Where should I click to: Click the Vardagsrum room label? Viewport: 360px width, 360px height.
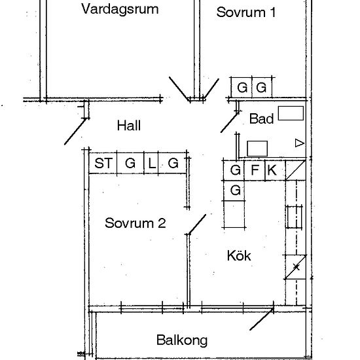coord(130,9)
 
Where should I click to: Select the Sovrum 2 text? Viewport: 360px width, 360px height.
coord(135,223)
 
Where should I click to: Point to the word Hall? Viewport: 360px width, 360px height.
coord(129,126)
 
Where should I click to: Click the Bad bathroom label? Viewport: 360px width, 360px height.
coord(261,119)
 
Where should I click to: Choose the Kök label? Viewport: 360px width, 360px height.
coord(239,255)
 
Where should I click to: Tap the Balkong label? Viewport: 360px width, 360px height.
coord(182,340)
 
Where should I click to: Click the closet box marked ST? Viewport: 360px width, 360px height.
coord(103,164)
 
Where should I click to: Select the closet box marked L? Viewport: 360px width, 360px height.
coord(152,164)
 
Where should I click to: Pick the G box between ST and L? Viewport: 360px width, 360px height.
coord(130,164)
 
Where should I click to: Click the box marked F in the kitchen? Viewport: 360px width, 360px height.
coord(255,171)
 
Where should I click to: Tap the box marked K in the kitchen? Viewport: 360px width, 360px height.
coord(273,171)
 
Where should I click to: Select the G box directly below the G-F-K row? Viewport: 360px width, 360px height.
coord(236,190)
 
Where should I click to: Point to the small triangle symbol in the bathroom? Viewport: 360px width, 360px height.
coord(300,143)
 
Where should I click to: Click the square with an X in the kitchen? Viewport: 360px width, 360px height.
coord(297,266)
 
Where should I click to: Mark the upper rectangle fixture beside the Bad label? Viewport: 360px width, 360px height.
coord(291,113)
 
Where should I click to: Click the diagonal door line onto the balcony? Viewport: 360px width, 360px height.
coord(262,319)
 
